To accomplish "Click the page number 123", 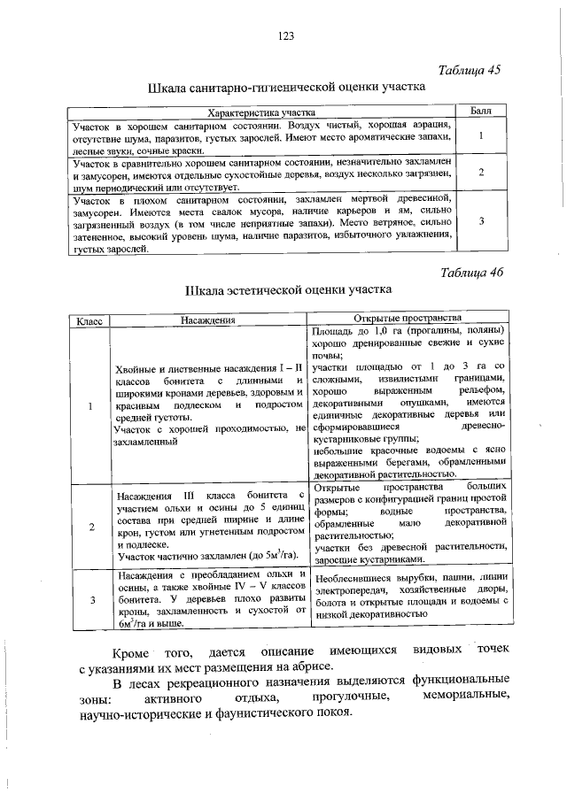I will coord(285,35).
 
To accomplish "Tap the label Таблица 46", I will coord(470,272).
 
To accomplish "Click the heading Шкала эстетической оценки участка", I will coord(287,289).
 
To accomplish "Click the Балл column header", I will coord(480,112).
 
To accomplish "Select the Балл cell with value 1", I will coord(480,138).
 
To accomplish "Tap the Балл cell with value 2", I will coord(480,173).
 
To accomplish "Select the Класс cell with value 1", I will coord(89,406).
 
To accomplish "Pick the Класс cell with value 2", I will coord(89,528).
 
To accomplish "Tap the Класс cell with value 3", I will coord(89,601).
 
